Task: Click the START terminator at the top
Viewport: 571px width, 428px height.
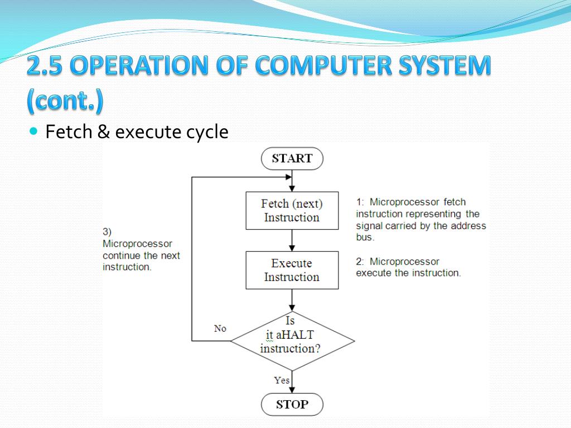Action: click(292, 158)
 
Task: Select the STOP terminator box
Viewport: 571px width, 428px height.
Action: click(292, 405)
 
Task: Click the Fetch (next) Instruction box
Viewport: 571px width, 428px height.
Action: click(292, 211)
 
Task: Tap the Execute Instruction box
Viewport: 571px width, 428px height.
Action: click(292, 270)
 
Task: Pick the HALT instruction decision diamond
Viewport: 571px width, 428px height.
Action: click(292, 341)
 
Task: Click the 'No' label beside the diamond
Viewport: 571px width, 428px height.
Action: click(220, 329)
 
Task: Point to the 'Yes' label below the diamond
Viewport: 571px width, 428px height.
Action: click(282, 380)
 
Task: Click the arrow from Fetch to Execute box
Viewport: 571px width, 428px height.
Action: click(292, 240)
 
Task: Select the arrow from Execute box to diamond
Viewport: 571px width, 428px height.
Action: click(292, 300)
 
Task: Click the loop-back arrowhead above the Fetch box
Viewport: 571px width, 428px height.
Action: click(288, 177)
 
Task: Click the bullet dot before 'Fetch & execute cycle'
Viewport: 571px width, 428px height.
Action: click(33, 132)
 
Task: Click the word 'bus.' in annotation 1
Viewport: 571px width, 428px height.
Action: click(365, 237)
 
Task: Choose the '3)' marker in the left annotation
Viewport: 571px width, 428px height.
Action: click(107, 232)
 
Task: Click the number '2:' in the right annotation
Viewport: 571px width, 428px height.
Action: click(361, 261)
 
